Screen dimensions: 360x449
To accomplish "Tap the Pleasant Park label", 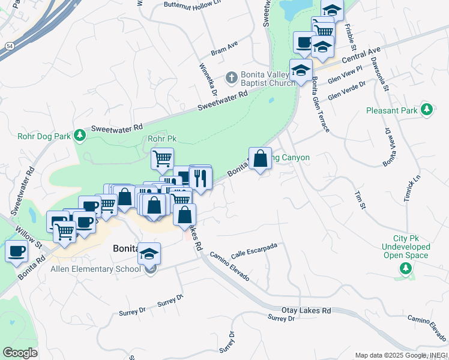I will click(391, 110).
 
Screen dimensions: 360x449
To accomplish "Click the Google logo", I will click(20, 353).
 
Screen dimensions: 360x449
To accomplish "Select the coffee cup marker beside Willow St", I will click(17, 250).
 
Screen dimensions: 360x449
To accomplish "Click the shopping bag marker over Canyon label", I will click(260, 160).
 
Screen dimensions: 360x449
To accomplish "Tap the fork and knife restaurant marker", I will click(200, 178).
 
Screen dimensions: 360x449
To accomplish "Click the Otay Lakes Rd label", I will click(306, 311).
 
